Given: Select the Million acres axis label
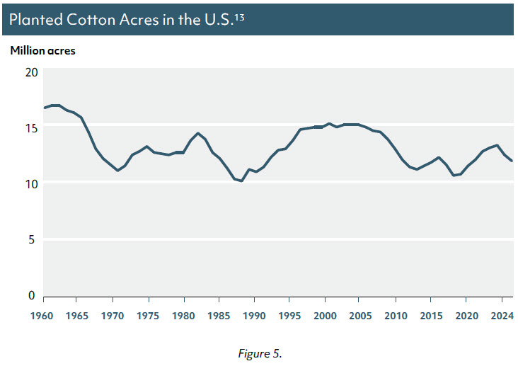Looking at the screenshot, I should pos(42,51).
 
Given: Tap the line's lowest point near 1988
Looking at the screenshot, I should pos(242,181).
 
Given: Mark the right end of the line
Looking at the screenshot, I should pos(512,161).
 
